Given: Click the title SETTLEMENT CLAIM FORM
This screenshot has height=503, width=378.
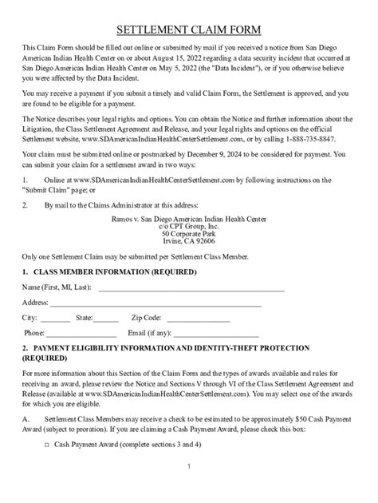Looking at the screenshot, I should click(x=188, y=30).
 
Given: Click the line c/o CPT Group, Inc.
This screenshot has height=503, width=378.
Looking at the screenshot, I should click(x=188, y=225).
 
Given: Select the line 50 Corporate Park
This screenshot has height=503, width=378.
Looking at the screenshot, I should click(x=188, y=232).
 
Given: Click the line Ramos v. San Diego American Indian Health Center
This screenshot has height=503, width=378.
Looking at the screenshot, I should click(x=188, y=217).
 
